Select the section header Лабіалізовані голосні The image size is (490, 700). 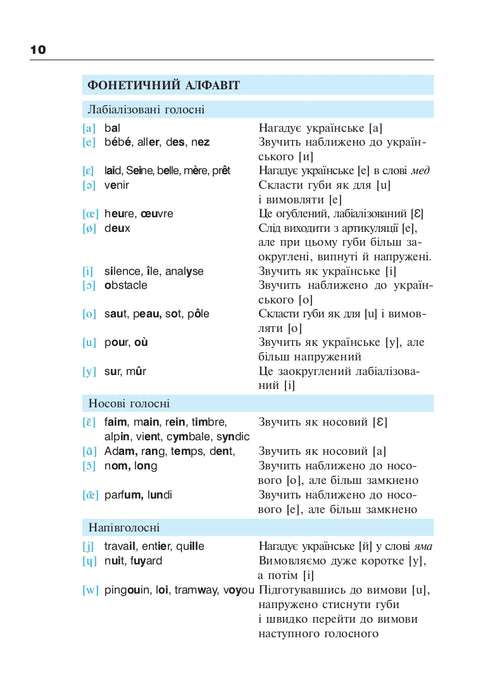click(146, 109)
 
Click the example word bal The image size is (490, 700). click(112, 128)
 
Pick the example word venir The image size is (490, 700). click(117, 185)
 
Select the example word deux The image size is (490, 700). click(117, 228)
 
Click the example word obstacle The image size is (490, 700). click(126, 285)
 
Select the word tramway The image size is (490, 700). click(197, 590)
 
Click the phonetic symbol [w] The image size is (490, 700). click(89, 590)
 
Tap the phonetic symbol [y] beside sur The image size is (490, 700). click(89, 371)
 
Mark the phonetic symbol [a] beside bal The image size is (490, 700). click(89, 128)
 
